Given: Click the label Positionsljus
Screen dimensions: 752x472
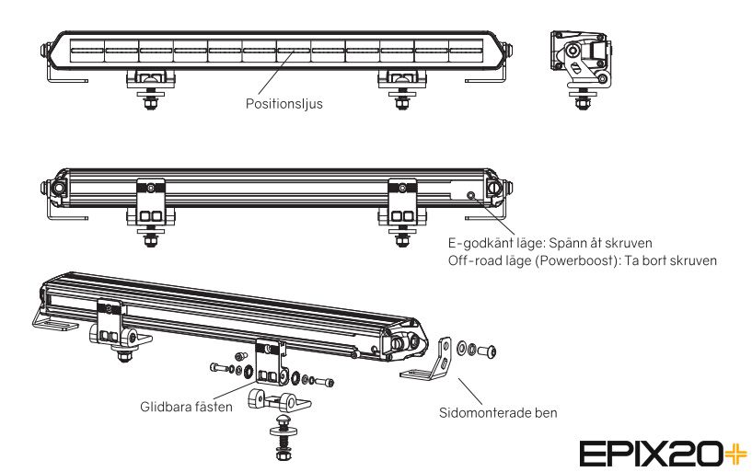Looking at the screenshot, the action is point(283,103).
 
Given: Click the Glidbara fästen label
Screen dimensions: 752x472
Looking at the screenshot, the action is point(186,407).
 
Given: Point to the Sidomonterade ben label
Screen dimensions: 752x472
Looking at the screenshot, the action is point(498,412).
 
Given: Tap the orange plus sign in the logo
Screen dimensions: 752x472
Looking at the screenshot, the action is point(736,454).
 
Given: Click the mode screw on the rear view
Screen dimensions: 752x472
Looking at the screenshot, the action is point(471,195).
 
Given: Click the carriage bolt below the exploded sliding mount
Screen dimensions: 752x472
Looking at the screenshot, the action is point(283,438).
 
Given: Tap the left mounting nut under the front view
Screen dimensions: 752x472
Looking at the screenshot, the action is point(150,102).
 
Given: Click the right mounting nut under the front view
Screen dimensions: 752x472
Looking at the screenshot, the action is point(402,102).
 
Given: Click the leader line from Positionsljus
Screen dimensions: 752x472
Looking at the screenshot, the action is point(276,72).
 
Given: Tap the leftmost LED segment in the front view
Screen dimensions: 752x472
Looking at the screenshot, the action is point(87,51).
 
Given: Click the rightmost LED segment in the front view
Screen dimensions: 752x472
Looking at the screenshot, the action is point(466,51).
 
